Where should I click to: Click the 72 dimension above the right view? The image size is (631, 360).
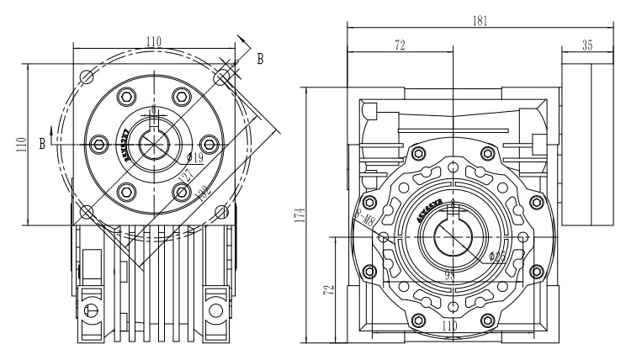[x=399, y=47]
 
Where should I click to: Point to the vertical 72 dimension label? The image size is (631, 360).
[x=330, y=290]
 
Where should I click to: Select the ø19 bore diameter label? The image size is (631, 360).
[x=194, y=156]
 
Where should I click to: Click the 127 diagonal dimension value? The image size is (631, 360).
[x=184, y=177]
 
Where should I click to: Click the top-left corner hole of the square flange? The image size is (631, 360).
[x=87, y=77]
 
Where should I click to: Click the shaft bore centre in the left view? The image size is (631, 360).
[x=154, y=144]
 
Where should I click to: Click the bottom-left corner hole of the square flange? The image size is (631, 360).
[x=87, y=210]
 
